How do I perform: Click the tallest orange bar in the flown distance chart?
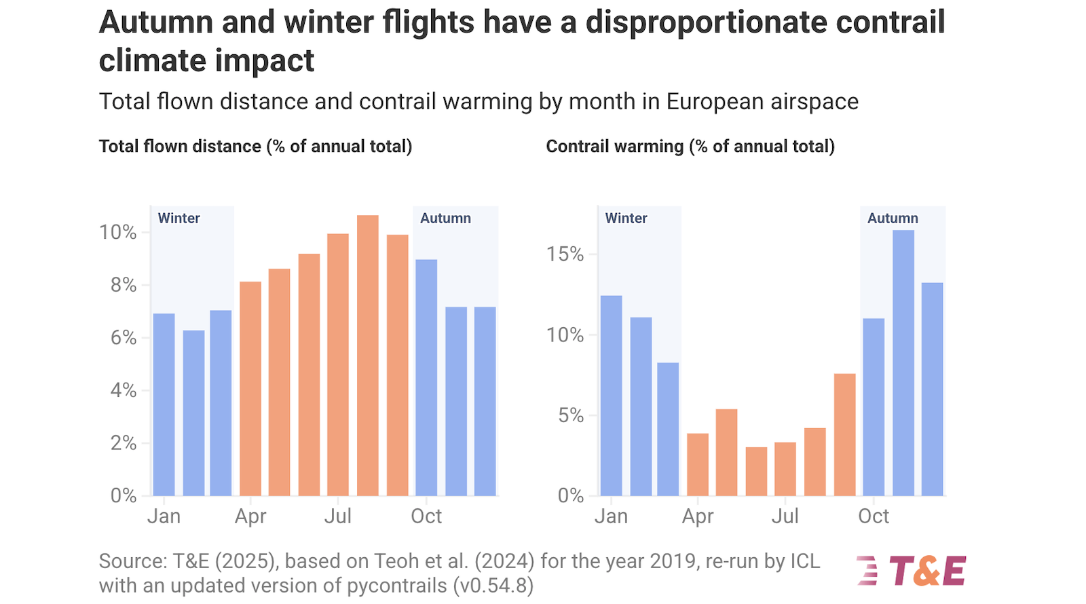click(367, 356)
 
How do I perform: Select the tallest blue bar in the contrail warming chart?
click(903, 363)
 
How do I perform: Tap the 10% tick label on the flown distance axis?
click(118, 232)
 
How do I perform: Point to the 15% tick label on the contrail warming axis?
click(565, 254)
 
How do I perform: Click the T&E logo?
click(912, 570)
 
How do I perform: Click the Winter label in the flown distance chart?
click(179, 218)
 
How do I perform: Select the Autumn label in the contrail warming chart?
click(892, 218)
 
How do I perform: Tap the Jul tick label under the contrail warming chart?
click(785, 516)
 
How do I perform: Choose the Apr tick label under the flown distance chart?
click(250, 516)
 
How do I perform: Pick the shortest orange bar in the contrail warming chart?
click(756, 471)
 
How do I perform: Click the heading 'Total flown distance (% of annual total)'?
click(255, 146)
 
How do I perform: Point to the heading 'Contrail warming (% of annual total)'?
click(690, 146)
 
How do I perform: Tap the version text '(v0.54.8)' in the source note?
click(493, 585)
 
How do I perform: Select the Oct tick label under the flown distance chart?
click(426, 516)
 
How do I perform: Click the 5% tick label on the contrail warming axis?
click(570, 415)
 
